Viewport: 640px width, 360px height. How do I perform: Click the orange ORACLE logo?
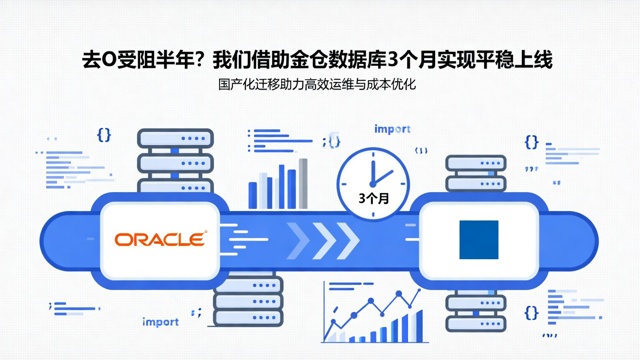(160, 239)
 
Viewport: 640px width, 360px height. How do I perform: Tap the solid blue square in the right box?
(479, 240)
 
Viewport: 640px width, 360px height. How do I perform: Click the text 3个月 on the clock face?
(374, 199)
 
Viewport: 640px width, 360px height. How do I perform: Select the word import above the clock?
(392, 129)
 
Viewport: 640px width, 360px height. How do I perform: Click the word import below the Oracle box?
(160, 322)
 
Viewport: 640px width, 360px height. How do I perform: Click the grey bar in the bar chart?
(303, 184)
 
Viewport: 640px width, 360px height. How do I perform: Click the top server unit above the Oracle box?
(175, 139)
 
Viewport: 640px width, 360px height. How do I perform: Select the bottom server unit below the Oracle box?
(248, 318)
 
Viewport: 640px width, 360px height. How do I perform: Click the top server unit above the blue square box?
(476, 163)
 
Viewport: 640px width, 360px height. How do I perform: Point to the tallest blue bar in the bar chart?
(282, 187)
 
